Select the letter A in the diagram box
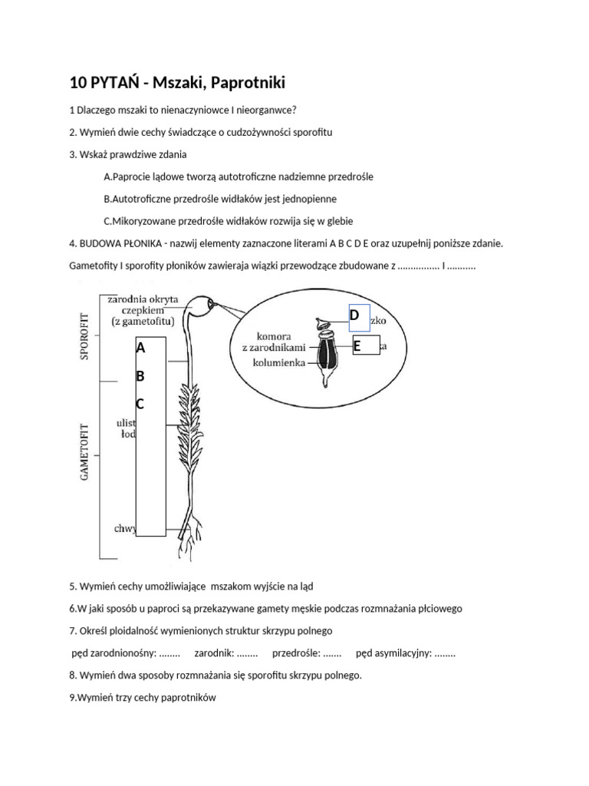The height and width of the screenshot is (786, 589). click(x=140, y=348)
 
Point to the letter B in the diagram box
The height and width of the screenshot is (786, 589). click(x=140, y=376)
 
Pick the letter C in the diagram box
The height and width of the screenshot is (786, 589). click(x=140, y=404)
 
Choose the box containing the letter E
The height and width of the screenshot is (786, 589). click(x=366, y=347)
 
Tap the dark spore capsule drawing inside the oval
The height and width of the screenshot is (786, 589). click(x=327, y=355)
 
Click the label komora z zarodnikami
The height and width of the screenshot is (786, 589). click(x=269, y=342)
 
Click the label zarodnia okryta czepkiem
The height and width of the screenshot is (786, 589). click(x=144, y=309)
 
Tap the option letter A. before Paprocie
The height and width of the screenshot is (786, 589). click(x=107, y=177)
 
